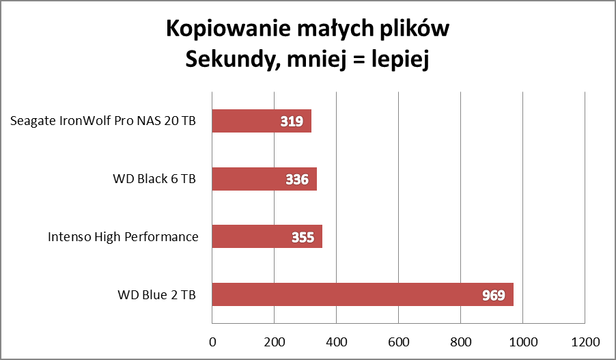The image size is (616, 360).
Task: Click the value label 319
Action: pos(292,122)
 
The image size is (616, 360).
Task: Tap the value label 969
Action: pos(492,296)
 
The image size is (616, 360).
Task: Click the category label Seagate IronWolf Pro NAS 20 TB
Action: pos(103,122)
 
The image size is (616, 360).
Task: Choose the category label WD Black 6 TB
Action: pos(154,180)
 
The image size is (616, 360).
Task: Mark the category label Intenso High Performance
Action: pos(123,237)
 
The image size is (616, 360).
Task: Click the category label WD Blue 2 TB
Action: pos(156,296)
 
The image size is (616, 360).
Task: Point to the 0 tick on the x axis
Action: pos(212,341)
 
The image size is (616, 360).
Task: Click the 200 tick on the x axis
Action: pos(274,341)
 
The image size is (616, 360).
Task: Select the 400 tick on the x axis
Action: pos(336,341)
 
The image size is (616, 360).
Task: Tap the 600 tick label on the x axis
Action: pos(398,341)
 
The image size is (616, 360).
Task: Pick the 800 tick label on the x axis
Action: pos(460,341)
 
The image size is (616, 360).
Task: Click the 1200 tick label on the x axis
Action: pos(585,341)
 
